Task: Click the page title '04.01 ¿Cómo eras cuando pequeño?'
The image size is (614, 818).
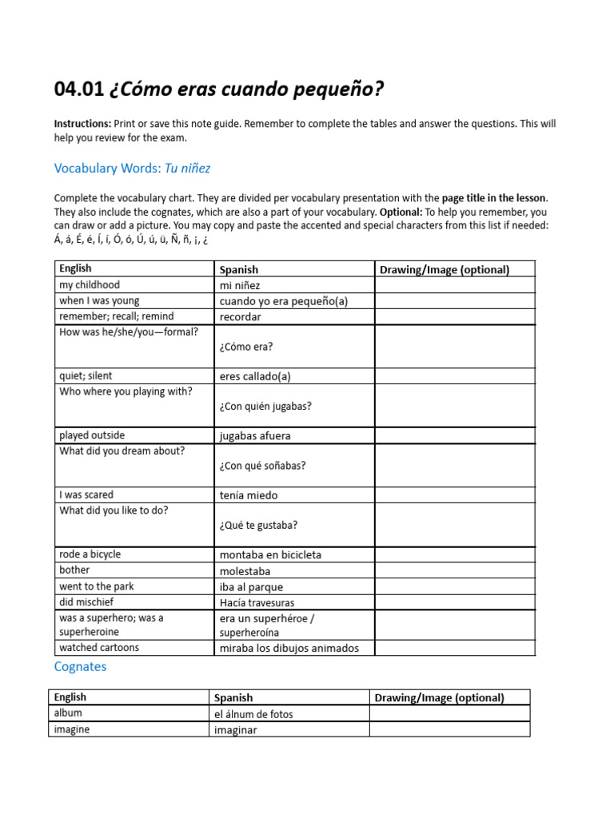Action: click(218, 90)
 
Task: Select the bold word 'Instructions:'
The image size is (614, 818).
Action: click(82, 124)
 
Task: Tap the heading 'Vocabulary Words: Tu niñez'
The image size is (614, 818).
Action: click(132, 168)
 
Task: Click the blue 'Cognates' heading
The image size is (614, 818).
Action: click(80, 666)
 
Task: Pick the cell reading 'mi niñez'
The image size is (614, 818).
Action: click(240, 285)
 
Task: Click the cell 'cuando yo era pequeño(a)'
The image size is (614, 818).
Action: click(273, 301)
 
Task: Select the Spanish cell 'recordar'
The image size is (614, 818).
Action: click(241, 317)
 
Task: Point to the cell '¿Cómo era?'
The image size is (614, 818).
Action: click(245, 347)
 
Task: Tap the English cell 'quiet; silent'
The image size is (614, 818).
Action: click(86, 376)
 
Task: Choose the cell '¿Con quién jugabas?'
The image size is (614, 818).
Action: click(265, 406)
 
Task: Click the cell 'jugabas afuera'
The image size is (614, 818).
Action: click(255, 436)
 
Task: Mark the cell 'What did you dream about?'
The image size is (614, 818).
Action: click(122, 451)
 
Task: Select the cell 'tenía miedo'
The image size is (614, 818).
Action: click(249, 495)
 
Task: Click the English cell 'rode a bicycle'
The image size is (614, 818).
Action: click(90, 554)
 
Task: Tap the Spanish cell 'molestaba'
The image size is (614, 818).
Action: click(245, 571)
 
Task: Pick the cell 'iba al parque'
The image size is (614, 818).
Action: click(251, 587)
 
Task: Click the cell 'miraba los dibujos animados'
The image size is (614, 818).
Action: click(289, 648)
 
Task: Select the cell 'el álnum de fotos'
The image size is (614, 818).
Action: click(253, 714)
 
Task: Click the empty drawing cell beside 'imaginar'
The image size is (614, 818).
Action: click(449, 729)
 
